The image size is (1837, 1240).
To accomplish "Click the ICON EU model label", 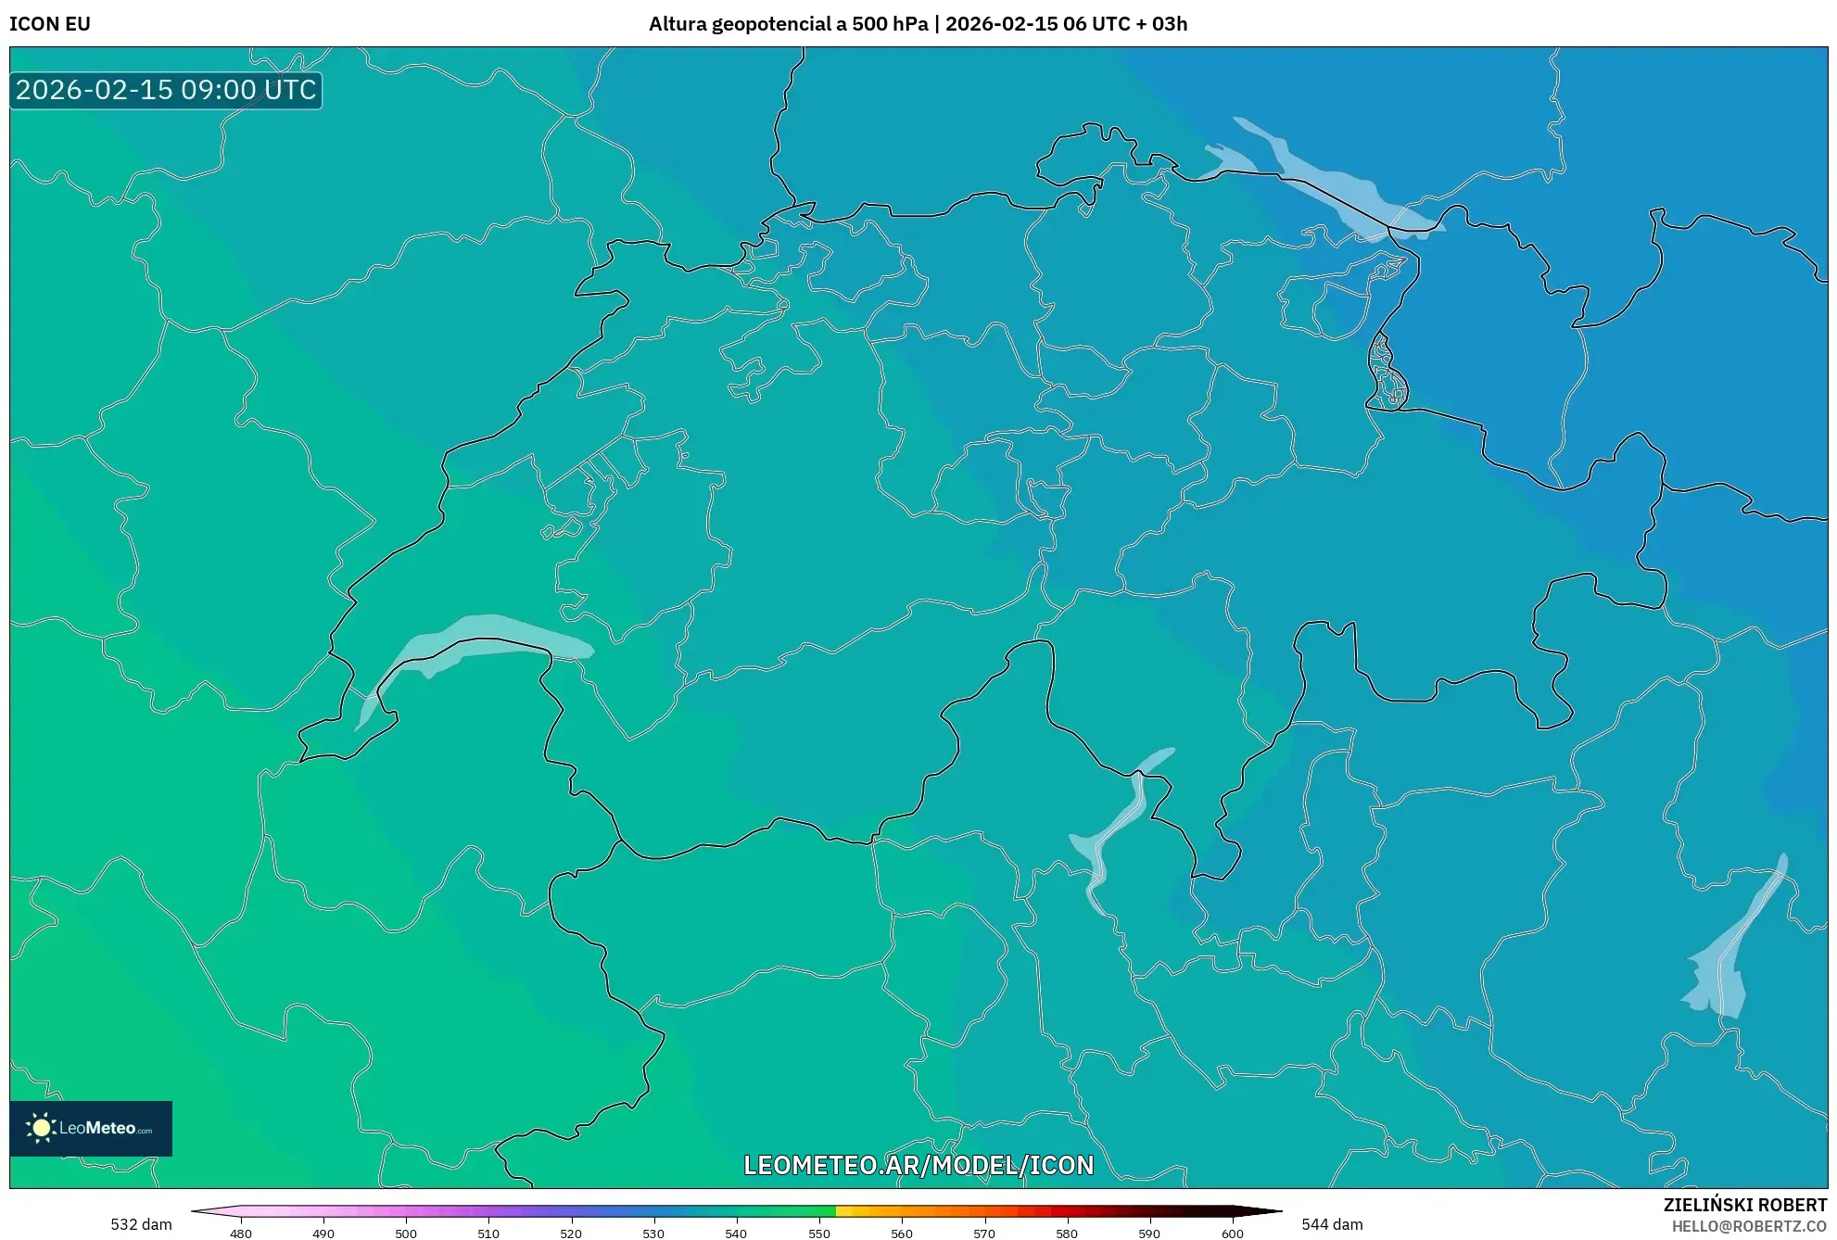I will (x=50, y=24).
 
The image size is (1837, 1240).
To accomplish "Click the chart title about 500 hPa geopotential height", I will (x=918, y=24).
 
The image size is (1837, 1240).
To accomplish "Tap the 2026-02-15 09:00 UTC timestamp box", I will (x=166, y=91).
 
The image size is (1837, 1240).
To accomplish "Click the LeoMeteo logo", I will (x=91, y=1128).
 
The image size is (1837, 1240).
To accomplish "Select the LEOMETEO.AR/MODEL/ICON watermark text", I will (x=918, y=1165).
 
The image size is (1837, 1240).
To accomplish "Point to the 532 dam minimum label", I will (x=141, y=1224).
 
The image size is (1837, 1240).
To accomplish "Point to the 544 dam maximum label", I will (x=1332, y=1224).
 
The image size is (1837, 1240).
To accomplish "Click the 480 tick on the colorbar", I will (x=241, y=1234).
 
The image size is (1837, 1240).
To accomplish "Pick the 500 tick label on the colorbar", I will (x=406, y=1234).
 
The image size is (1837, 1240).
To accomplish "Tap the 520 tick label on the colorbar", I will (x=571, y=1234).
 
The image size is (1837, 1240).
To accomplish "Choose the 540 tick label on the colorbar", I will (x=736, y=1234).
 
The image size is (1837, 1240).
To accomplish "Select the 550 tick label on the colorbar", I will (x=819, y=1234).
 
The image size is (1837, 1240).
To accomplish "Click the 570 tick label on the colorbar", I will (x=984, y=1234).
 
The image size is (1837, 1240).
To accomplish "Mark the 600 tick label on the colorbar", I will (x=1233, y=1234).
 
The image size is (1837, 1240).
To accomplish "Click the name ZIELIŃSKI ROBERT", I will (x=1745, y=1205).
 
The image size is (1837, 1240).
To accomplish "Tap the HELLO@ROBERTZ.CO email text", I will (x=1749, y=1227).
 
